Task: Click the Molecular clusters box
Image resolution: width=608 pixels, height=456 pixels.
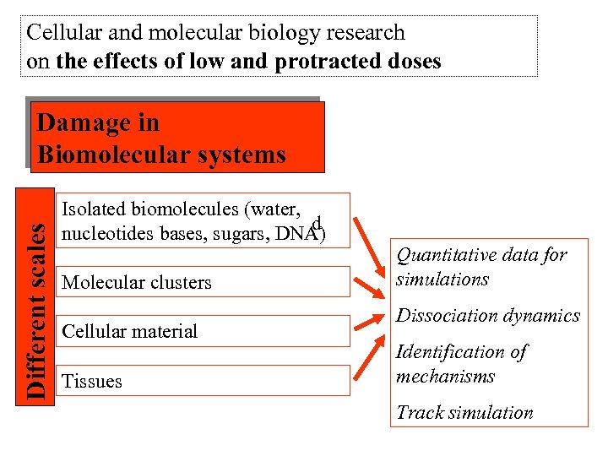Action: (x=204, y=282)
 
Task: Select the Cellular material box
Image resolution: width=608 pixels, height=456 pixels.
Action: (x=204, y=331)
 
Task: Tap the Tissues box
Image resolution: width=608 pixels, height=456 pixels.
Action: (x=204, y=381)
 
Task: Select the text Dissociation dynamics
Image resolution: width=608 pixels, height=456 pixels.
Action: (x=488, y=316)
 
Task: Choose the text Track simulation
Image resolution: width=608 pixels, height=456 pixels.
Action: (x=464, y=413)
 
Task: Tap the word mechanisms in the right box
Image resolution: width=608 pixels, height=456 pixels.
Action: (x=445, y=376)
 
